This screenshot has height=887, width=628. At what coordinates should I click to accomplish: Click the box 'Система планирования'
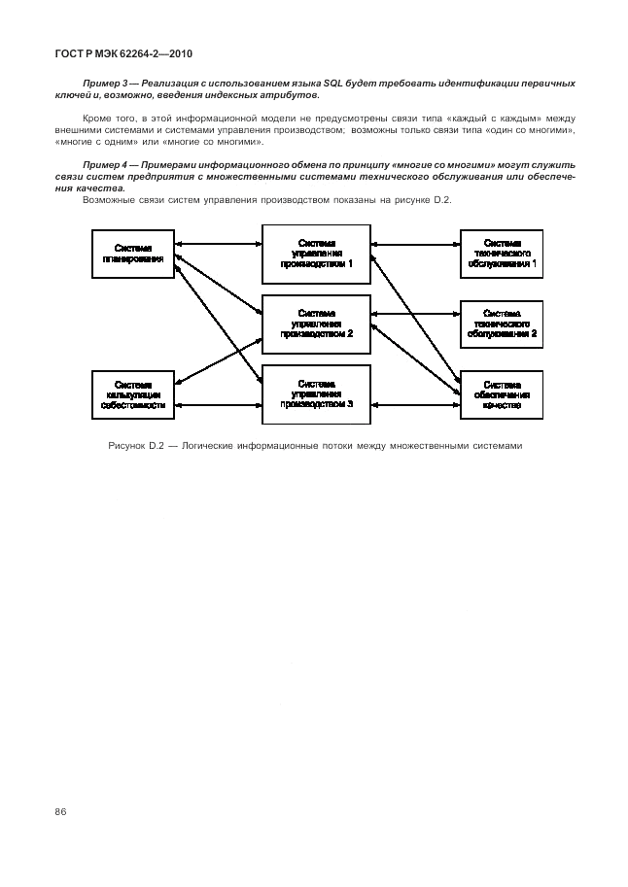(x=132, y=255)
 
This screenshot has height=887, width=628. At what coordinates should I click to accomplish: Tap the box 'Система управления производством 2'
(x=316, y=323)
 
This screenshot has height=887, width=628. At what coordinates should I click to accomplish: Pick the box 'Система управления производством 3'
(x=316, y=393)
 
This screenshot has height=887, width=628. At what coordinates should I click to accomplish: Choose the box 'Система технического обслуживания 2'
(x=501, y=323)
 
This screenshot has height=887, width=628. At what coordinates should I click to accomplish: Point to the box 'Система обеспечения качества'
(x=501, y=394)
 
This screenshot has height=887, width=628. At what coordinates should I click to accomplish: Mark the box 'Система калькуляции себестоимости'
(x=132, y=394)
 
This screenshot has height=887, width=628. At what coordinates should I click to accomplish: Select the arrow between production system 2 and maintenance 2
(x=415, y=314)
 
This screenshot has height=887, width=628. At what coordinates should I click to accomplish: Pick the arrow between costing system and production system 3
(x=219, y=404)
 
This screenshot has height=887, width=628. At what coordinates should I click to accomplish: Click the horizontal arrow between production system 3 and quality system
(x=415, y=404)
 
